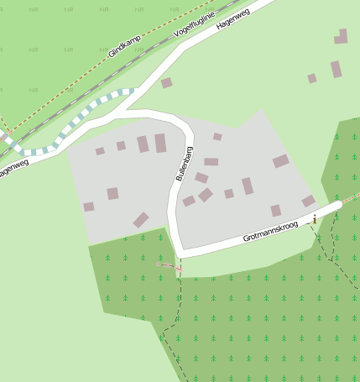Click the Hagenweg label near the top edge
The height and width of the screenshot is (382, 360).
(x=233, y=19)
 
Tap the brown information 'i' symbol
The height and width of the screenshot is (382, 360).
(x=315, y=219)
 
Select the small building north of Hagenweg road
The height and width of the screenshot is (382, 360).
(x=166, y=82)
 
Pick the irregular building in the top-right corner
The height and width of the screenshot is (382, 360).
(x=341, y=37)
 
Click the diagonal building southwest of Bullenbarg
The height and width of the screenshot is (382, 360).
(x=141, y=220)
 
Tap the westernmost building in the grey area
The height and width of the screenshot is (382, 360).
(x=88, y=207)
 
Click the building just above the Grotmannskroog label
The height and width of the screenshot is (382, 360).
(x=275, y=210)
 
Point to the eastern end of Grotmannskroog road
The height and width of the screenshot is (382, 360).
(x=337, y=206)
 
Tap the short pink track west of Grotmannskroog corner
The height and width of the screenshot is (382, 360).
(x=168, y=265)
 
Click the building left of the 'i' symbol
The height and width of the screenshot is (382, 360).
(x=308, y=201)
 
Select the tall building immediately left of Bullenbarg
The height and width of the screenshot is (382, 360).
(x=160, y=143)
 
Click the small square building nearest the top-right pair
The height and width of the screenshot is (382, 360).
(x=312, y=78)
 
